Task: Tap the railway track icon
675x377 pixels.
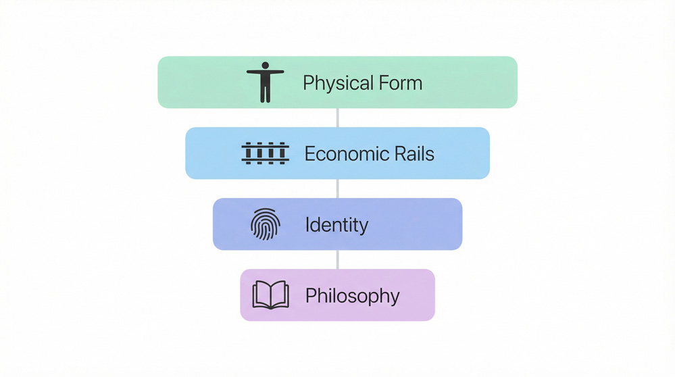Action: click(265, 153)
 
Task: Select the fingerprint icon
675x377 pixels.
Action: click(265, 224)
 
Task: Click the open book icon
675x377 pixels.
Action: click(270, 295)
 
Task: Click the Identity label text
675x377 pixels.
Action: click(336, 224)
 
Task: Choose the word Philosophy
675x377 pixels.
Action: click(352, 296)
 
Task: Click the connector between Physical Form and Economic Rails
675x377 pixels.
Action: click(337, 118)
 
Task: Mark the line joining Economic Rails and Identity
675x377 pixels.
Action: click(337, 188)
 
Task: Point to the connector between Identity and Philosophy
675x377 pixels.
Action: click(337, 259)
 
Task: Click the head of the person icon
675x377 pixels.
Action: click(265, 66)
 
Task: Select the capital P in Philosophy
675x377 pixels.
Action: click(310, 295)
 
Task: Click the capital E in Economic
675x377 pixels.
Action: click(309, 153)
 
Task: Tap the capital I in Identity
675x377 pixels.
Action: click(307, 224)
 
